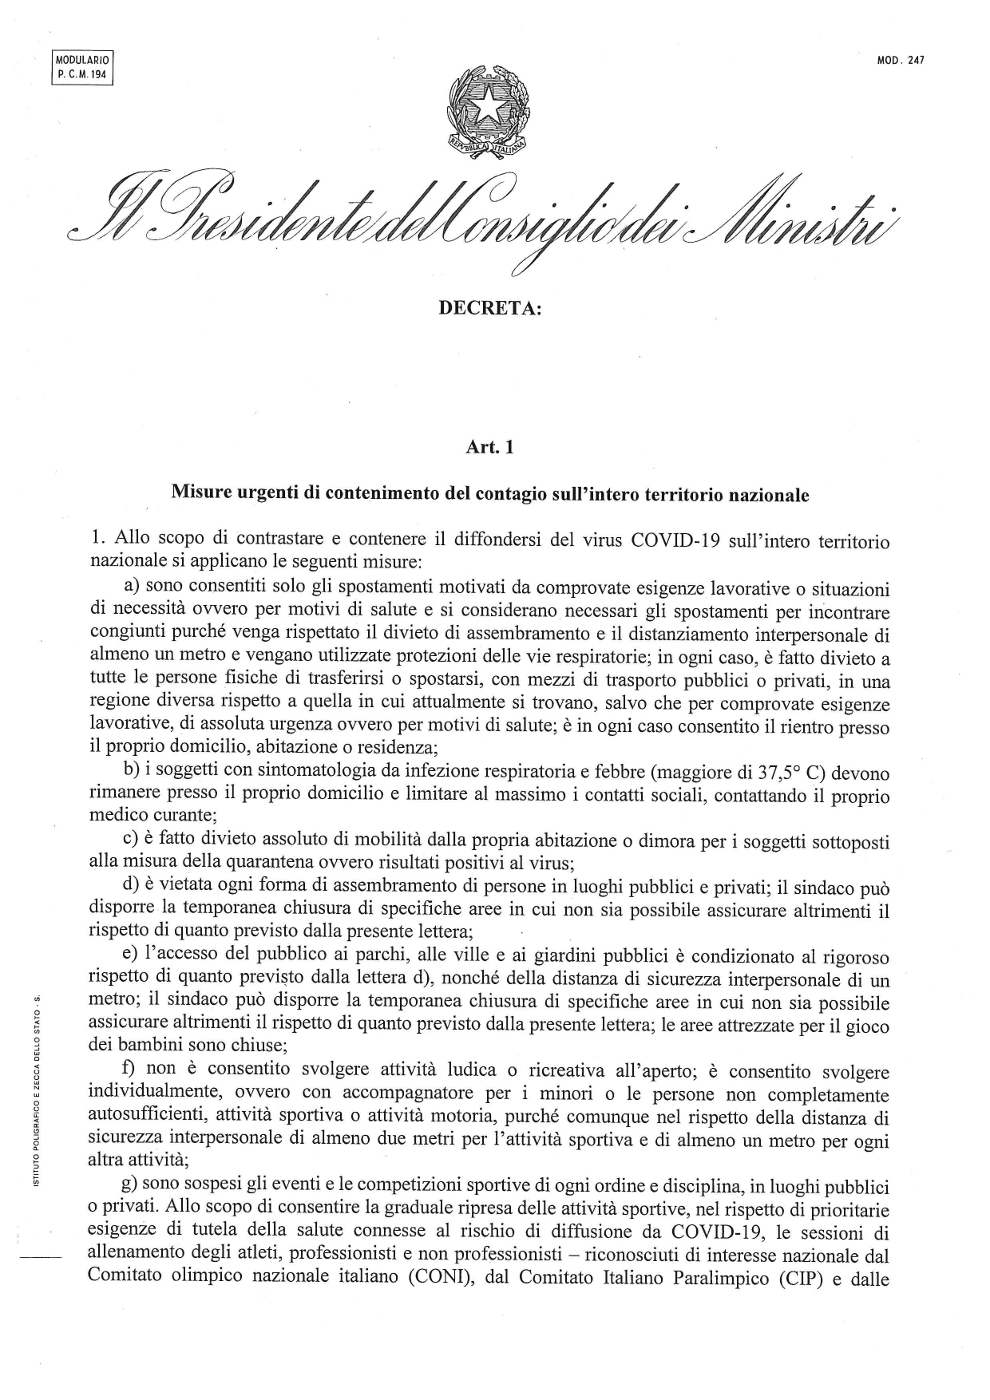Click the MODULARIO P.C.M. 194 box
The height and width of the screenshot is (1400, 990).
tap(83, 66)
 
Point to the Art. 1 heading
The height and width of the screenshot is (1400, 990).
tap(489, 448)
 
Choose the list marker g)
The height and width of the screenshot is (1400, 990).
tap(130, 1188)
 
